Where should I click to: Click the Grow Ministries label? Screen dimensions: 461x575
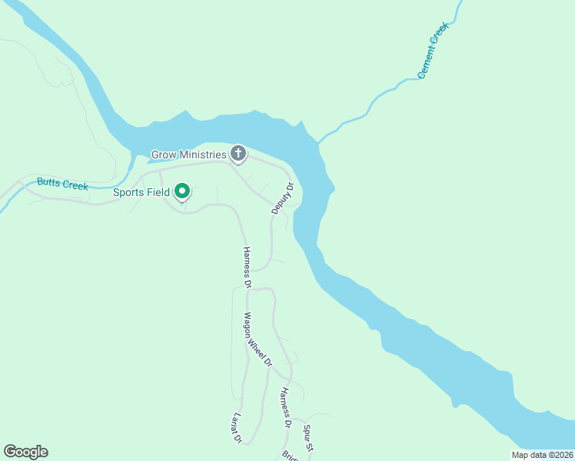189,154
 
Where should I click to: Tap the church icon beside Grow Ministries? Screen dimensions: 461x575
238,154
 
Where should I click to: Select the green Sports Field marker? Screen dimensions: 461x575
182,191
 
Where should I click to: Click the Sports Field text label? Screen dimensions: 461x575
141,192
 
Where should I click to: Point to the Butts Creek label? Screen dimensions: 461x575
63,184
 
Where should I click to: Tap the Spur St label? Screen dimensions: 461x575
309,436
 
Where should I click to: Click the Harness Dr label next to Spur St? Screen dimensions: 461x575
285,407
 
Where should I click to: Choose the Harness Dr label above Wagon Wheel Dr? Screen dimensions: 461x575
247,267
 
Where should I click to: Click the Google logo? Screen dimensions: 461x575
25,452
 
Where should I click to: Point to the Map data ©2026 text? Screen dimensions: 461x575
542,455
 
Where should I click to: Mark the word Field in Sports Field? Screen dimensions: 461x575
158,192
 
